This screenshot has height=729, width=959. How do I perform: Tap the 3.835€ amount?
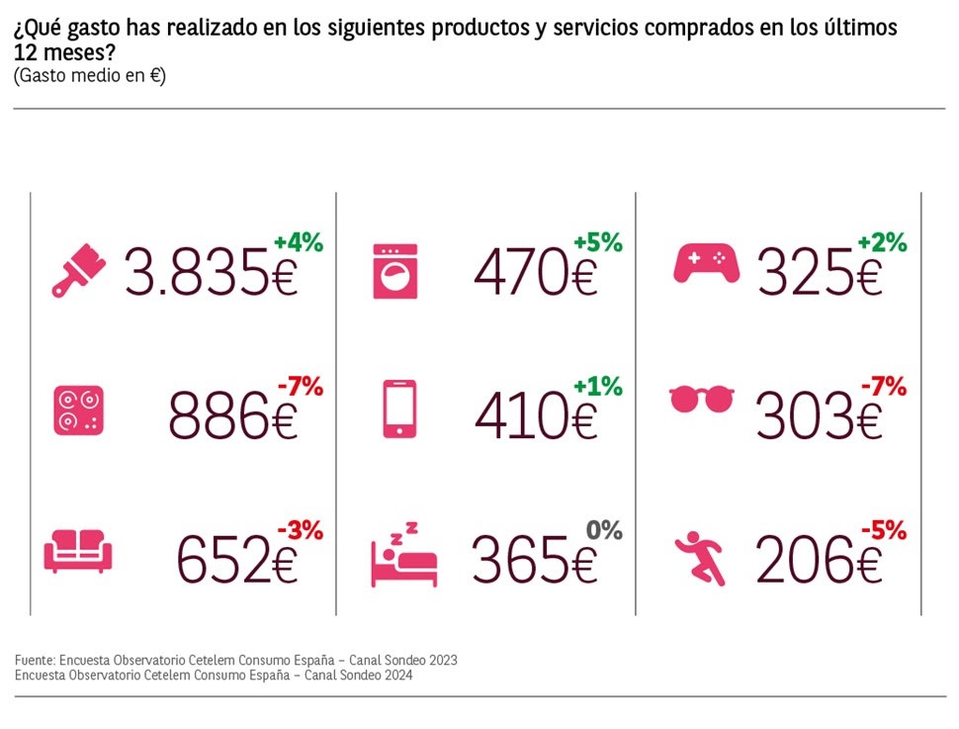pyautogui.click(x=211, y=272)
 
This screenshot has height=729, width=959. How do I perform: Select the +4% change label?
pyautogui.click(x=299, y=242)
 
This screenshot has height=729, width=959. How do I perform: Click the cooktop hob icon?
pyautogui.click(x=78, y=411)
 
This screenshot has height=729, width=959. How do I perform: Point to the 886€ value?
pyautogui.click(x=233, y=415)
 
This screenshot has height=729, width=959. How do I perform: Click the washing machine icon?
pyautogui.click(x=395, y=271)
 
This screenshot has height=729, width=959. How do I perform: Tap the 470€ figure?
pyautogui.click(x=536, y=272)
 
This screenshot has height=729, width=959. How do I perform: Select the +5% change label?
pyautogui.click(x=598, y=242)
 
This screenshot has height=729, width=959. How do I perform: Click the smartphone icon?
pyautogui.click(x=398, y=409)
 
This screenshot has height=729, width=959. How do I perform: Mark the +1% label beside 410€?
pyautogui.click(x=598, y=387)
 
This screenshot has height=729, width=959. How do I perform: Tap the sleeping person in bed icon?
pyautogui.click(x=402, y=557)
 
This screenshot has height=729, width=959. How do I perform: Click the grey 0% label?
pyautogui.click(x=604, y=530)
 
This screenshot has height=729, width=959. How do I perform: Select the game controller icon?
pyautogui.click(x=706, y=262)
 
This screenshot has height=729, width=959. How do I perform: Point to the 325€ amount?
pyautogui.click(x=819, y=272)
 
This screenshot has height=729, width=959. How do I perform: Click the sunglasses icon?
pyautogui.click(x=702, y=400)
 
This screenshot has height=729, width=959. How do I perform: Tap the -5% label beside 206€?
pyautogui.click(x=882, y=530)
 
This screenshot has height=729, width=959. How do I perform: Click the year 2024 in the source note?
pyautogui.click(x=393, y=676)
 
